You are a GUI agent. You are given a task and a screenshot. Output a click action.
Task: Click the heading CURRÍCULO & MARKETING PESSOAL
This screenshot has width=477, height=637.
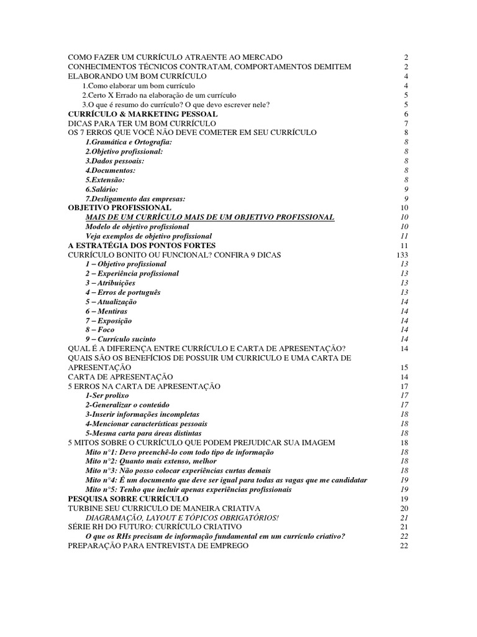(x=142, y=114)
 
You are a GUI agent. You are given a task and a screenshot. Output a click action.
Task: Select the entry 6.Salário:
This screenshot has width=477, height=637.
(x=102, y=189)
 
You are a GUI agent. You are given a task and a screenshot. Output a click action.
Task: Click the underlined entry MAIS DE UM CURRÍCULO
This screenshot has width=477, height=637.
(x=210, y=217)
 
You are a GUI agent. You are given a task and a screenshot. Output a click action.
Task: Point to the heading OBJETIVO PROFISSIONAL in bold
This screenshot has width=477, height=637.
(x=119, y=208)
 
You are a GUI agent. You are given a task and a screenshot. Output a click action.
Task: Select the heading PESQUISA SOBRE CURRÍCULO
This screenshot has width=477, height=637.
(x=128, y=499)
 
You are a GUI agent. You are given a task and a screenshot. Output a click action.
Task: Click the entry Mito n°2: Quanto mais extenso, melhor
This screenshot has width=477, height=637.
(x=151, y=462)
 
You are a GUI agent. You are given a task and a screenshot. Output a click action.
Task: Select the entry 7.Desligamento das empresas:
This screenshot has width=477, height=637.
(x=135, y=198)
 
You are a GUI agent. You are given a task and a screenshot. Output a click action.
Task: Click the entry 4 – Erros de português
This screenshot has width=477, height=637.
(x=123, y=292)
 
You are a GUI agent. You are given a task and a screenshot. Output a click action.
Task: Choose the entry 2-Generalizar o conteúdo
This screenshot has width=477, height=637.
(x=127, y=405)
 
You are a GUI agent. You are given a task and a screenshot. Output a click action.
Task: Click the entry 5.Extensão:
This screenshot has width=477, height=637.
(x=105, y=180)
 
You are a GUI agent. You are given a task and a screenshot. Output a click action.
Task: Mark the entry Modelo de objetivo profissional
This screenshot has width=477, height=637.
(x=137, y=226)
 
